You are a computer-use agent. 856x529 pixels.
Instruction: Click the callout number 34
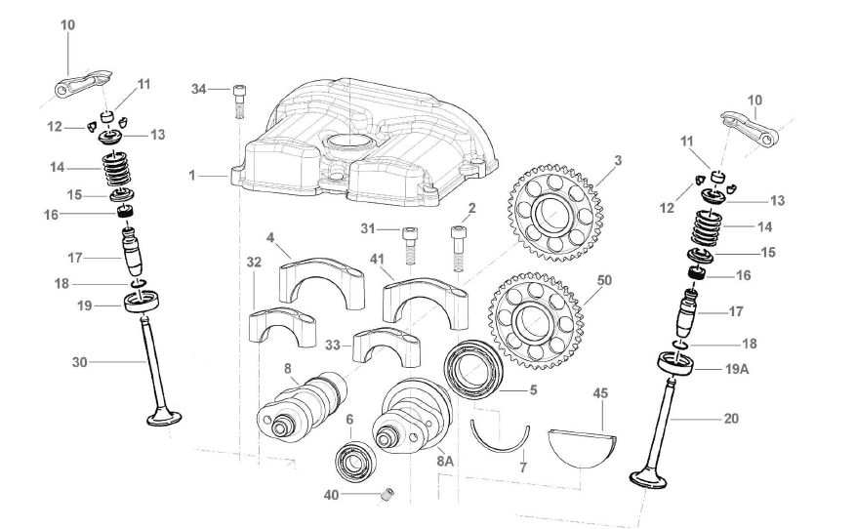(x=199, y=90)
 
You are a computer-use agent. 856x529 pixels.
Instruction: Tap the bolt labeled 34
(x=239, y=100)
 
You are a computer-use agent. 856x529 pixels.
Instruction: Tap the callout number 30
(x=80, y=362)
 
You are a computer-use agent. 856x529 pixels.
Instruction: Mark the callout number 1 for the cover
(x=192, y=177)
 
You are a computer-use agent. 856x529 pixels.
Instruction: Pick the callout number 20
(x=731, y=419)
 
